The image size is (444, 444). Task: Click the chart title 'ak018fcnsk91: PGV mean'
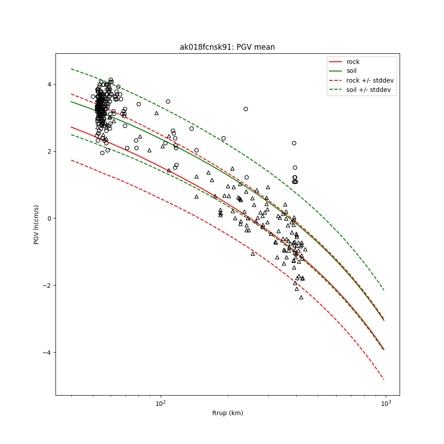(x=227, y=47)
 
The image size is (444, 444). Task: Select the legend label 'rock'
(x=353, y=62)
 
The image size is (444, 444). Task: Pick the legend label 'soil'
(x=352, y=71)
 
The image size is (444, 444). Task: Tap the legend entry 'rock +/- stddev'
(x=370, y=80)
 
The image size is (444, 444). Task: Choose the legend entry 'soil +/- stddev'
(x=369, y=90)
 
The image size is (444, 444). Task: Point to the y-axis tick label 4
(x=50, y=84)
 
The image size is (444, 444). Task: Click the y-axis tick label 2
(x=50, y=151)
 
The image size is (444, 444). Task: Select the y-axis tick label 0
(x=50, y=218)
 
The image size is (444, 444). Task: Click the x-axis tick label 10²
(x=160, y=403)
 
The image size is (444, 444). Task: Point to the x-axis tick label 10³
(x=386, y=403)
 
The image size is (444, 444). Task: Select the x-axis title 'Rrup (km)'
(x=227, y=413)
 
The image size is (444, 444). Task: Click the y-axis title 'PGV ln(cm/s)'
(x=36, y=224)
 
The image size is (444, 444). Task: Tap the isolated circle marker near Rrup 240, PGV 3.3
(x=246, y=109)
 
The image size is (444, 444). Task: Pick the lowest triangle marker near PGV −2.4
(x=301, y=297)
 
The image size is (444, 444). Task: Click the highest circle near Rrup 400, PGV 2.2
(x=294, y=143)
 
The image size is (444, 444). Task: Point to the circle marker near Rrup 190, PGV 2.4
(x=223, y=138)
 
